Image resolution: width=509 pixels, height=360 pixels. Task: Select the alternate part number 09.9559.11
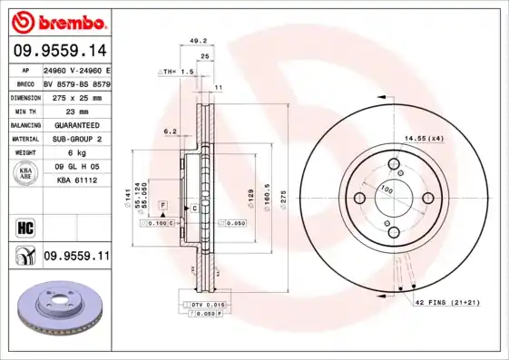[75, 257]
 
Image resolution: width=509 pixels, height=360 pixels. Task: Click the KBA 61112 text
[75, 181]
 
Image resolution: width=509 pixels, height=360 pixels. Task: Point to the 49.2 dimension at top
[193, 41]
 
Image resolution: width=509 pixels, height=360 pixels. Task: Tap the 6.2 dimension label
[170, 132]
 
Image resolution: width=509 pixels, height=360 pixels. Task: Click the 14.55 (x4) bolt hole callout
[424, 138]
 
